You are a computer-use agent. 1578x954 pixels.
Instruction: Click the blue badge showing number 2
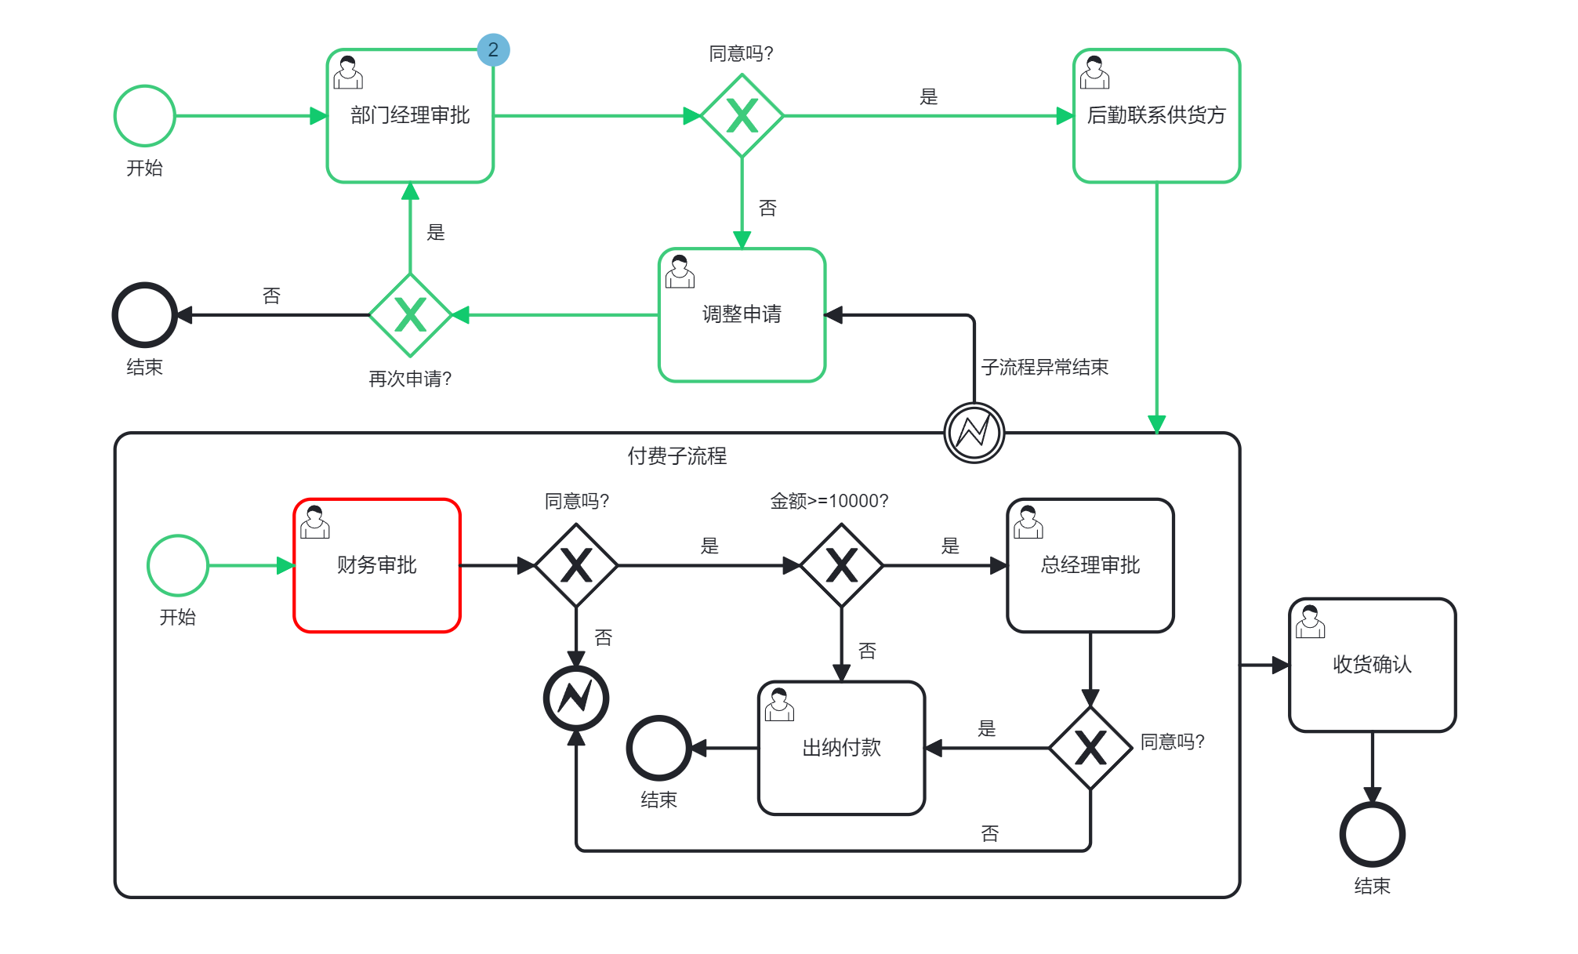(493, 50)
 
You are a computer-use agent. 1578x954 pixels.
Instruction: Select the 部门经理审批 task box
(410, 116)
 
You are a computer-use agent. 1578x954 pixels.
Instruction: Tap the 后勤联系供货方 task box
(1156, 116)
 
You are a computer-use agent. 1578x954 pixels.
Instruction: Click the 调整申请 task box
(742, 315)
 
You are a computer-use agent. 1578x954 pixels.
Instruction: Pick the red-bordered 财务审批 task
(377, 565)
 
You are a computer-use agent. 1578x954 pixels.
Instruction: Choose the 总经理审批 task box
(1090, 565)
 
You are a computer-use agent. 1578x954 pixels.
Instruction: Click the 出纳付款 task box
(841, 748)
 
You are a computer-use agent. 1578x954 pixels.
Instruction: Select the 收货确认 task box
(1372, 665)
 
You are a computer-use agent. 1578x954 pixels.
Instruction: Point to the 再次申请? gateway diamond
(410, 315)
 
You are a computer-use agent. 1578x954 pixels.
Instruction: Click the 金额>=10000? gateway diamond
(841, 565)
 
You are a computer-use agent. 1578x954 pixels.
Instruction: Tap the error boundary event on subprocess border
(974, 433)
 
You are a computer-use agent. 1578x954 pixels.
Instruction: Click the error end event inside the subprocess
(576, 698)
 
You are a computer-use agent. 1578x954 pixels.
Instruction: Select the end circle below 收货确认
(1372, 835)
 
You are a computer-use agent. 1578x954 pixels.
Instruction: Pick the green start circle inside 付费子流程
(178, 565)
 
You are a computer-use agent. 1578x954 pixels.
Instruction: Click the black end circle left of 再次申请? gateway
(145, 315)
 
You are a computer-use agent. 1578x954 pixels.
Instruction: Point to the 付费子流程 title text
(677, 456)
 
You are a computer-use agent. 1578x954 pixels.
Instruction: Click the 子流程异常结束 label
(1044, 367)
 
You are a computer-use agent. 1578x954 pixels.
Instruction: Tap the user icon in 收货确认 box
(1310, 622)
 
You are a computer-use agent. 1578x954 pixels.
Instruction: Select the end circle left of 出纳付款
(658, 748)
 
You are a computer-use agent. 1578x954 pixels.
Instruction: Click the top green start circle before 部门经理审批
(145, 116)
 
